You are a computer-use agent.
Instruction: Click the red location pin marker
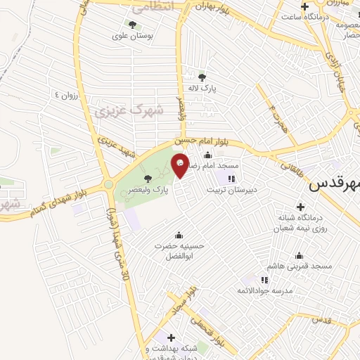point(180,165)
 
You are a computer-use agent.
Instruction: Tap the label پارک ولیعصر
point(149,190)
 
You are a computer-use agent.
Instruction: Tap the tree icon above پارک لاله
point(203,78)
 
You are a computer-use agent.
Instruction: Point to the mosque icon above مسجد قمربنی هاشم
point(300,255)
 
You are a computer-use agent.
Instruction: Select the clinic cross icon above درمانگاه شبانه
point(301,207)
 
